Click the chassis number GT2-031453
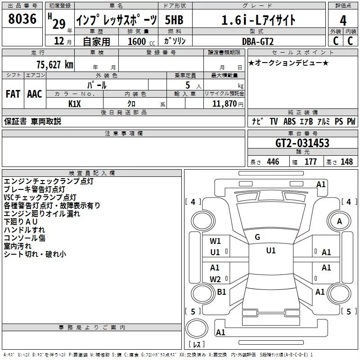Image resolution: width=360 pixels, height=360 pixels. [x=302, y=144]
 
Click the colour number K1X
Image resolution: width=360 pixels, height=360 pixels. [x=74, y=103]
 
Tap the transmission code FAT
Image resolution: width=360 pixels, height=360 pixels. [x=13, y=94]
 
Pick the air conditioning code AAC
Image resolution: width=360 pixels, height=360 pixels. [x=35, y=94]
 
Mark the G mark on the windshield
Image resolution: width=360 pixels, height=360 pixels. [x=257, y=237]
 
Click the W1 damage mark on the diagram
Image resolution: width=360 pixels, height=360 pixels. [x=215, y=241]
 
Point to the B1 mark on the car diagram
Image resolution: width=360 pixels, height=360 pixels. [x=221, y=292]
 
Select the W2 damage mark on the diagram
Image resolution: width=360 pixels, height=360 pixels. [x=215, y=279]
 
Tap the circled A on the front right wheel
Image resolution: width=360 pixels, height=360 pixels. [x=339, y=221]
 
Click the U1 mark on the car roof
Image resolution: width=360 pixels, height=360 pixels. [x=270, y=251]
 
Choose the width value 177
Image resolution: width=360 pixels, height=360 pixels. [x=310, y=162]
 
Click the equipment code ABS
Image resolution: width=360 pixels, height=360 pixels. [x=290, y=121]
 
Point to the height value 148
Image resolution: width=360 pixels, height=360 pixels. [x=346, y=162]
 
